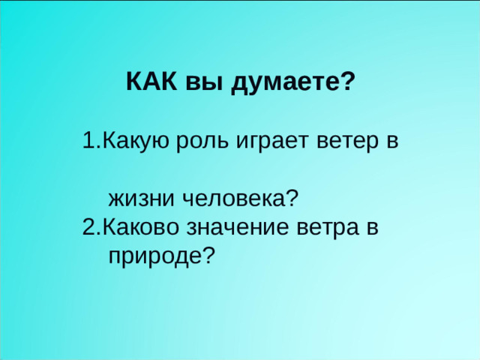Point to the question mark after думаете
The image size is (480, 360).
[x=347, y=82]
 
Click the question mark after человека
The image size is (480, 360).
[x=292, y=199]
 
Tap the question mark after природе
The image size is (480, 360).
[x=208, y=256]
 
